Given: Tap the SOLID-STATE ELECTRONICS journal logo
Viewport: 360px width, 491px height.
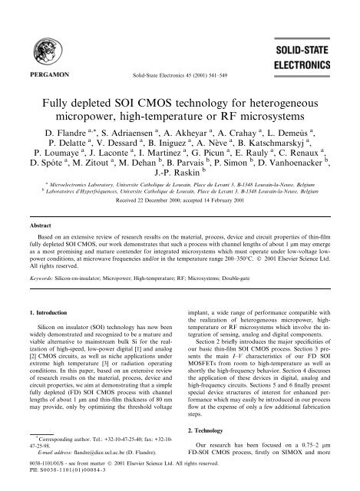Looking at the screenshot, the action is tap(320, 46).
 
